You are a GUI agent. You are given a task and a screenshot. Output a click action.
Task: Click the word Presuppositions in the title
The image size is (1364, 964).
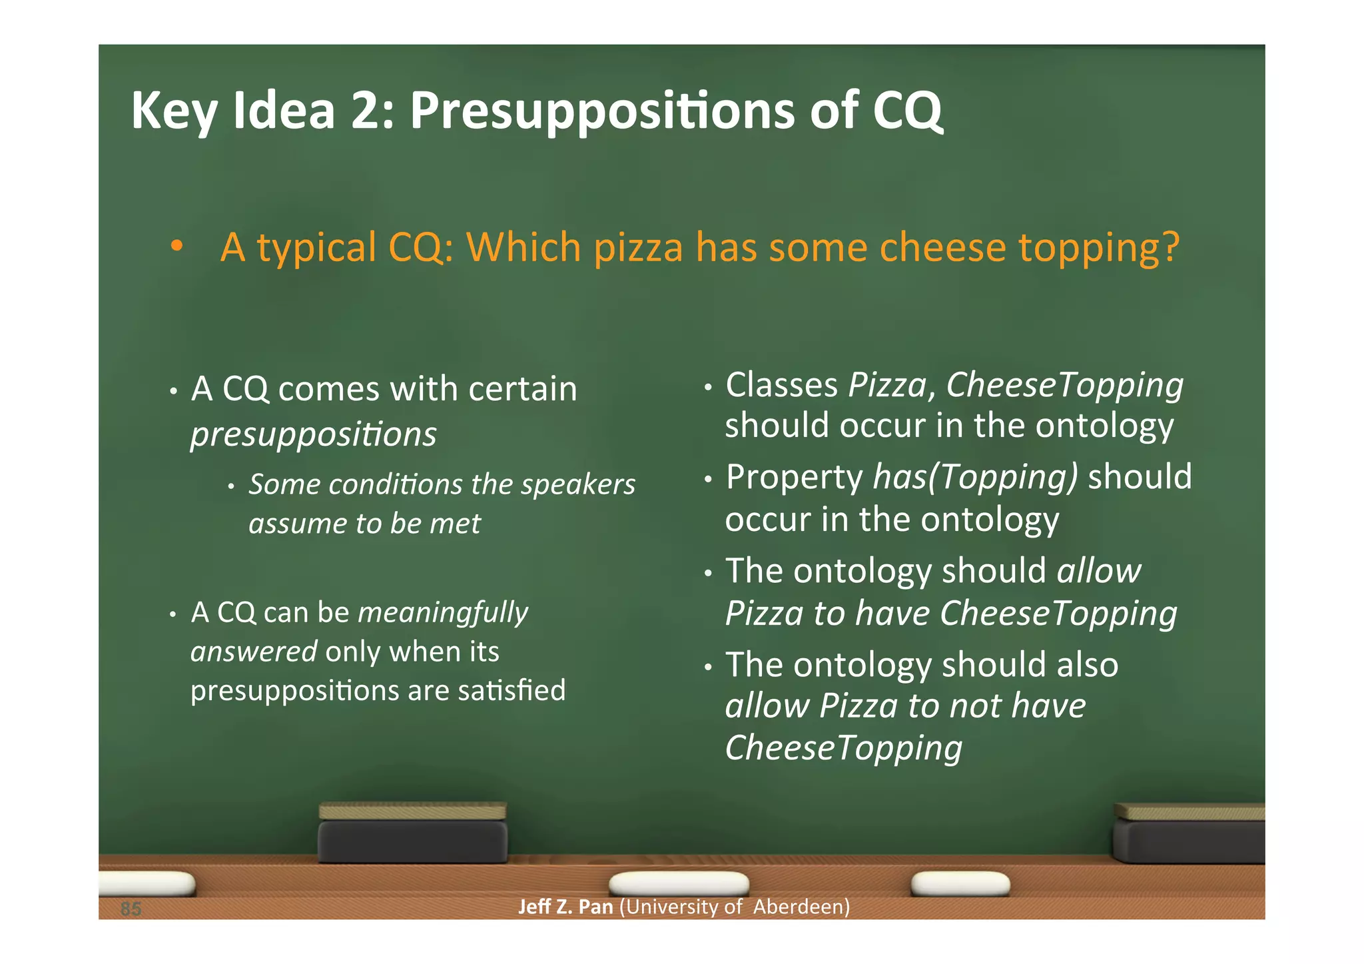click(601, 111)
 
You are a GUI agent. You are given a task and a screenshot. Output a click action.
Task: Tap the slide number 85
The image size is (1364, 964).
click(131, 909)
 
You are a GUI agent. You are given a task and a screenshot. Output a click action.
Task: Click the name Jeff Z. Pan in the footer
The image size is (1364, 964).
click(565, 907)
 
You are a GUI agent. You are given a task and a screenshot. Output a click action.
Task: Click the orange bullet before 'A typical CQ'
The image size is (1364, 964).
click(176, 247)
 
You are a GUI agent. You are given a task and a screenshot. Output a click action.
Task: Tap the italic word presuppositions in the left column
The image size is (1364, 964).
click(314, 434)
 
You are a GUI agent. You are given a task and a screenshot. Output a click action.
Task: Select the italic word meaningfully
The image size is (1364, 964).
click(443, 612)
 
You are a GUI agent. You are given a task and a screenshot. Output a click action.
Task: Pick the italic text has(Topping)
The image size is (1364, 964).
click(975, 477)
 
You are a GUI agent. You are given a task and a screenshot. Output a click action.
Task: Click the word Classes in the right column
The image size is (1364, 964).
click(782, 385)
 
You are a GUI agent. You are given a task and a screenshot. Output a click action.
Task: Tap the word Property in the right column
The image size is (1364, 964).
click(794, 477)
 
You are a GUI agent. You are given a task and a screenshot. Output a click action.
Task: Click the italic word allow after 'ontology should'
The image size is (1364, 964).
click(1099, 571)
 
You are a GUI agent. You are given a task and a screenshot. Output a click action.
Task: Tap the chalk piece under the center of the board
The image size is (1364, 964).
click(679, 884)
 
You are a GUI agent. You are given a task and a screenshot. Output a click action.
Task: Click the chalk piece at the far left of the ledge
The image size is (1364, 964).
click(147, 884)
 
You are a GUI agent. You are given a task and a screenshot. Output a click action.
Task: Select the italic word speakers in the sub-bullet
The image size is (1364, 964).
click(578, 484)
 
